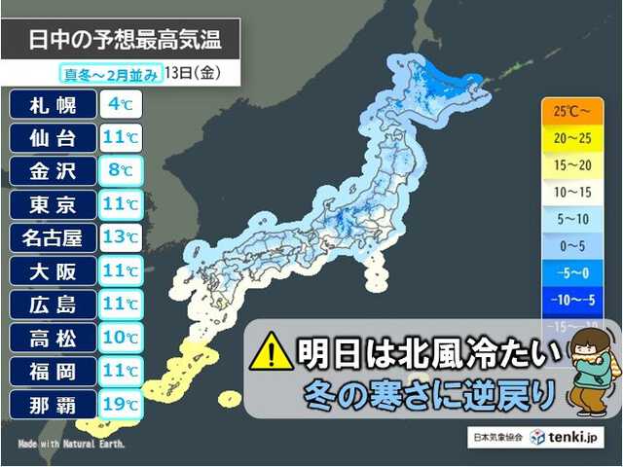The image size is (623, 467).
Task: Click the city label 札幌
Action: point(53,103)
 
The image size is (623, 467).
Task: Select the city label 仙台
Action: point(53,137)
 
